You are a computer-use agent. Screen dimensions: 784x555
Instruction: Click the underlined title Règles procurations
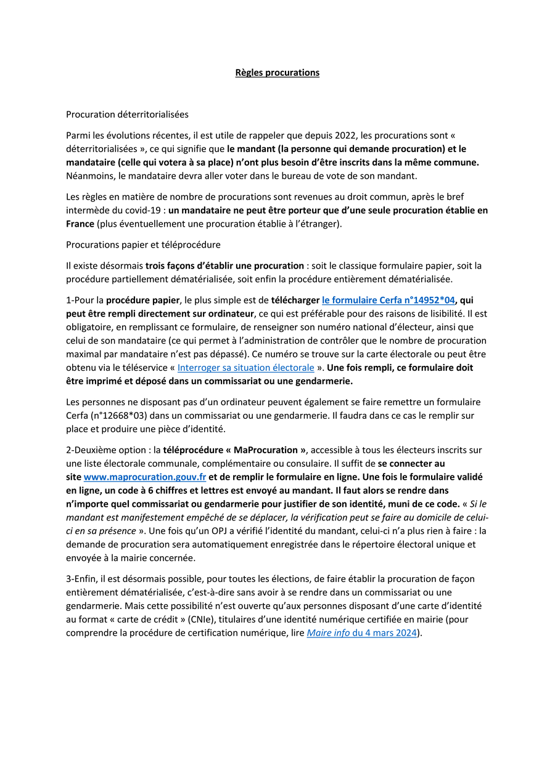point(277,73)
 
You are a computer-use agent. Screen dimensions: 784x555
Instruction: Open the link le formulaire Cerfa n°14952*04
point(388,300)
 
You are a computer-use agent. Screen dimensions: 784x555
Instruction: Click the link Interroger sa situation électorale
point(245,368)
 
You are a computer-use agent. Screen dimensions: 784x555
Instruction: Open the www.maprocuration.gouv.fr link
point(145,477)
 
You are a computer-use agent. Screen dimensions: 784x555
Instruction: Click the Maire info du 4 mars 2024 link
point(361,632)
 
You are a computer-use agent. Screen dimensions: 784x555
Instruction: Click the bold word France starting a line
point(80,224)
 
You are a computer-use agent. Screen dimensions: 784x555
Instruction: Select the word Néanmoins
point(89,176)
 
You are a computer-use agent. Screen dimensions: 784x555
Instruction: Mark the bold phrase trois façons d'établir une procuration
point(224,266)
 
